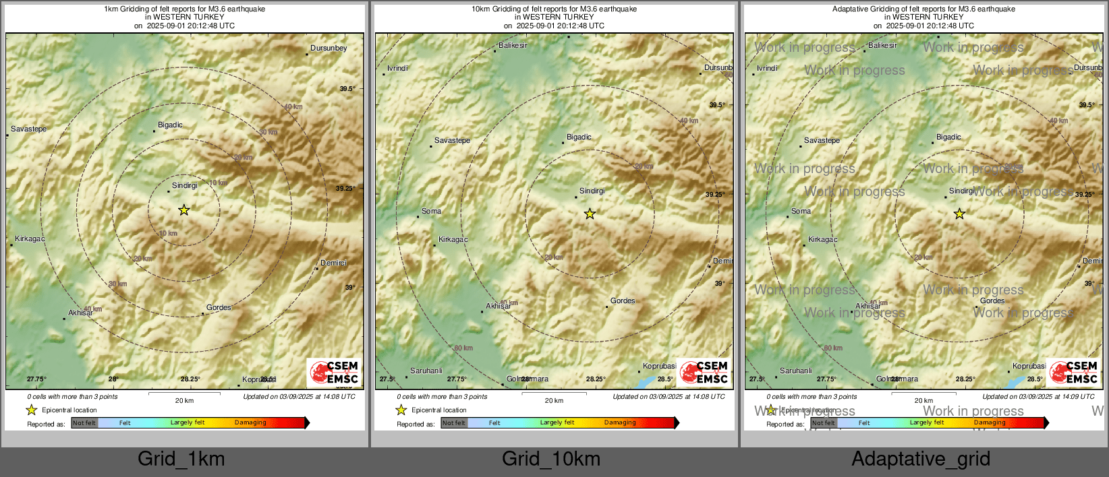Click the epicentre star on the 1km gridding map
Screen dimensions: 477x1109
click(x=183, y=210)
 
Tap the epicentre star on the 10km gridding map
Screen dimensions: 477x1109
click(x=590, y=214)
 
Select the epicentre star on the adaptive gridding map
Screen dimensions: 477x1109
click(x=959, y=214)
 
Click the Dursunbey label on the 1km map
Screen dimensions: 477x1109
click(x=329, y=48)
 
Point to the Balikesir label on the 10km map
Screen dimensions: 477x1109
click(x=513, y=45)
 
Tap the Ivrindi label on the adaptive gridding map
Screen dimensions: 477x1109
click(x=767, y=68)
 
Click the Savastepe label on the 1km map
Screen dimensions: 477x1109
click(x=29, y=129)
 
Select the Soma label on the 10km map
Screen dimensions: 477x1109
click(x=431, y=211)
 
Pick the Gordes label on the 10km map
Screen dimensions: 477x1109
click(x=623, y=300)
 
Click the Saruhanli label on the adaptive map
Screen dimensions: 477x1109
click(x=796, y=371)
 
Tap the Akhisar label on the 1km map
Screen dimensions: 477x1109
click(x=80, y=313)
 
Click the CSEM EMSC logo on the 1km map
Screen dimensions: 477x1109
click(x=334, y=373)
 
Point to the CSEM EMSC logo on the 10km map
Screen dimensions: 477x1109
click(x=704, y=373)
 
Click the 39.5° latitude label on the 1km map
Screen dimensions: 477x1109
click(x=347, y=89)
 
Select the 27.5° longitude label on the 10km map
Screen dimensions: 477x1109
click(x=387, y=379)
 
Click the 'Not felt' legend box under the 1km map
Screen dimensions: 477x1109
click(x=84, y=423)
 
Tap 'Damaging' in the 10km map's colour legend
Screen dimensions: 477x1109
click(x=620, y=422)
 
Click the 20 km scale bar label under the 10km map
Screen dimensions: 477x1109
click(x=554, y=400)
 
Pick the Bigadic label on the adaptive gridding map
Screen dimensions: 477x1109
click(x=948, y=137)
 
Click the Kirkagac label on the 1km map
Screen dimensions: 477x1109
click(x=30, y=238)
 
